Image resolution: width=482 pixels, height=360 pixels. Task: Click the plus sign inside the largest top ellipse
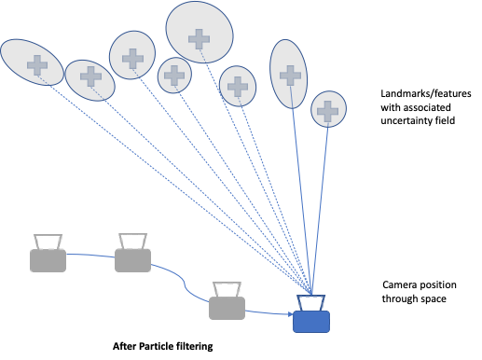pyautogui.click(x=199, y=39)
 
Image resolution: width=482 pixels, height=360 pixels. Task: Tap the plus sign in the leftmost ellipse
pyautogui.click(x=37, y=65)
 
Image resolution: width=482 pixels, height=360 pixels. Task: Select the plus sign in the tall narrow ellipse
pyautogui.click(x=291, y=76)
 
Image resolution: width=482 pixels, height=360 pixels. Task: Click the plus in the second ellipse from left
pyautogui.click(x=90, y=77)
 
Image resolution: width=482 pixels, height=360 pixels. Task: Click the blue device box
pyautogui.click(x=311, y=322)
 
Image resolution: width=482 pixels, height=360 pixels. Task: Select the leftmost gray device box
pyautogui.click(x=48, y=260)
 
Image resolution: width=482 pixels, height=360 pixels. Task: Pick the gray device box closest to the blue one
pyautogui.click(x=227, y=309)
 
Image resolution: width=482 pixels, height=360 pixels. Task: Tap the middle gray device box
pyautogui.click(x=132, y=260)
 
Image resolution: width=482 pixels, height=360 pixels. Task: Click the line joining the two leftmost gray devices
pyautogui.click(x=90, y=254)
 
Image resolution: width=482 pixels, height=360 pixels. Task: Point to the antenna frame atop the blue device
pyautogui.click(x=311, y=302)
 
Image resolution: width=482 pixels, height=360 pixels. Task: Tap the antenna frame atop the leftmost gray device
pyautogui.click(x=48, y=241)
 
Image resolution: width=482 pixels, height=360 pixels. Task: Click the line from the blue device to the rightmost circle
pyautogui.click(x=321, y=205)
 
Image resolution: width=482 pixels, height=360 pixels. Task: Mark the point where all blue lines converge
pyautogui.click(x=312, y=293)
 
